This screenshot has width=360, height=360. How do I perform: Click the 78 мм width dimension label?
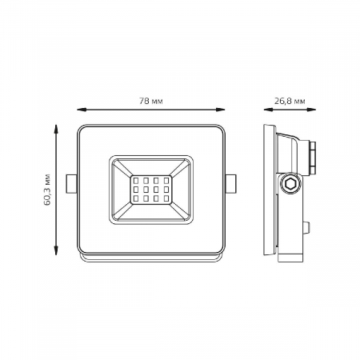pos(151,100)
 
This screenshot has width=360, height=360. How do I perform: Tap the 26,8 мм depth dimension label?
pos(288,100)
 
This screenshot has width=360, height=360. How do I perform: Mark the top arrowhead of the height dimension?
pos(57,126)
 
